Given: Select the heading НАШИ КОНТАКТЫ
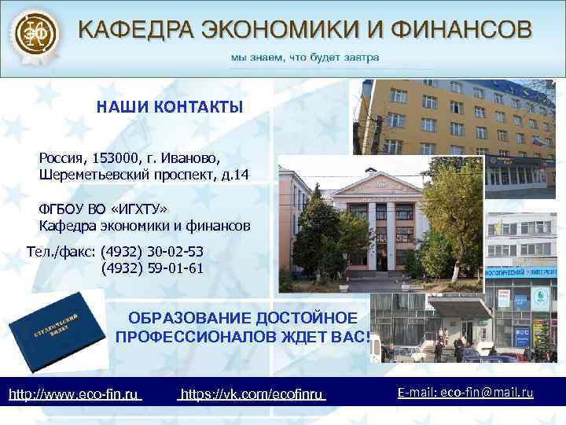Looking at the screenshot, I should pyautogui.click(x=170, y=107).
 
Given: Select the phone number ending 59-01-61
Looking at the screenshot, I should pyautogui.click(x=153, y=268).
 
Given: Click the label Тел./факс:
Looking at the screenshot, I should pyautogui.click(x=62, y=252).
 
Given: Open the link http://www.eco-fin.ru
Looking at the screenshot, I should pyautogui.click(x=74, y=393).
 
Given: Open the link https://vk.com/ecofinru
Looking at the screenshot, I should pyautogui.click(x=252, y=393).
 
